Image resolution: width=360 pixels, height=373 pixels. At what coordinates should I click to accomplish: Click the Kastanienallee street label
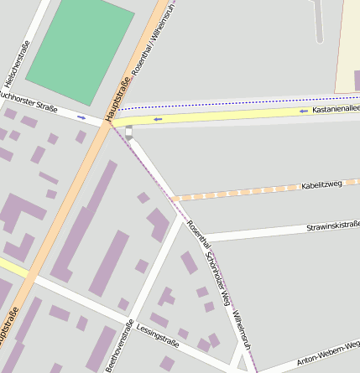pos(336,109)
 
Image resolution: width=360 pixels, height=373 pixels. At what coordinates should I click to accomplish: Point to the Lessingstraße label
pos(159,336)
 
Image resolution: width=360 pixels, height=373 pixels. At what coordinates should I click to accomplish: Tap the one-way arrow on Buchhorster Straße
pos(81,117)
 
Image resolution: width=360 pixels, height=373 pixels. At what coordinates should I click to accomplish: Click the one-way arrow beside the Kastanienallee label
pos(303,111)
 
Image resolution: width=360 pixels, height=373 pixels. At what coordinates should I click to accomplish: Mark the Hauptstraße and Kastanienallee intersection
pos(110,122)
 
